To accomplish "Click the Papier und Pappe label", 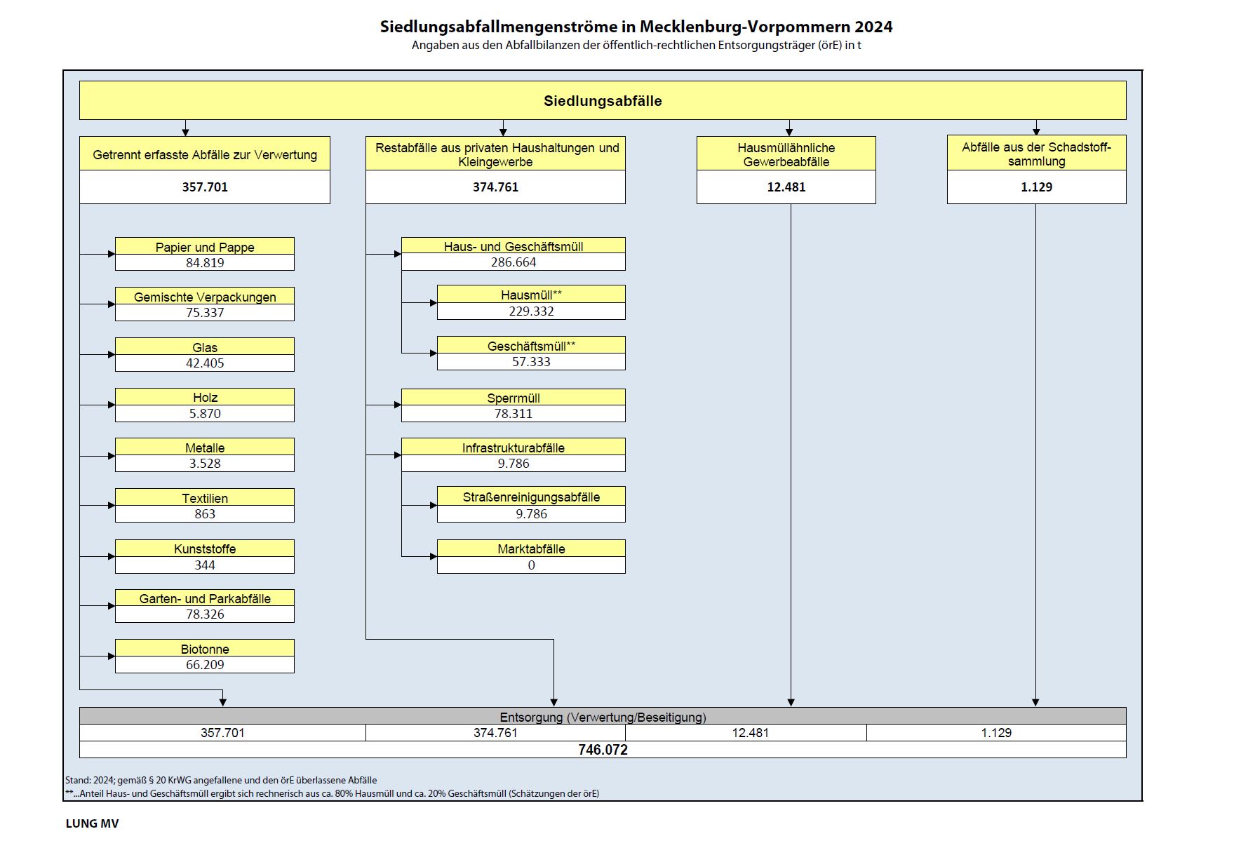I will click(x=205, y=247).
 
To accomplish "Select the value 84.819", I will click(x=205, y=262).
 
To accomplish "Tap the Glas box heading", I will click(x=205, y=347).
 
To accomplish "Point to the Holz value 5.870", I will click(x=205, y=413).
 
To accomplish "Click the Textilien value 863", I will click(x=205, y=513).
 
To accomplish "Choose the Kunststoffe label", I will click(x=205, y=548).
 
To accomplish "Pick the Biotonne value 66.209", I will click(x=205, y=664).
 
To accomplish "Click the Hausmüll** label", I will click(x=531, y=295).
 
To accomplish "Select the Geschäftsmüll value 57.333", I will click(x=531, y=361).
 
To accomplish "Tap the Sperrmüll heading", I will click(x=514, y=398).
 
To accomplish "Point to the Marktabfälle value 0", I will click(x=531, y=565).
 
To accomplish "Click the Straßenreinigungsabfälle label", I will click(x=531, y=497).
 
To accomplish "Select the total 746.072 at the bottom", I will click(x=603, y=749).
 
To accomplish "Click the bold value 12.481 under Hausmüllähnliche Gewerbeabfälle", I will click(x=786, y=187).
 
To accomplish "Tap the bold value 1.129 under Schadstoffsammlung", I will click(x=1036, y=187).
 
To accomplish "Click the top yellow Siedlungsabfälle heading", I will click(x=603, y=100).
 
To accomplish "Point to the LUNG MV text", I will click(x=92, y=823).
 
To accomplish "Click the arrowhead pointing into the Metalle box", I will click(x=111, y=456).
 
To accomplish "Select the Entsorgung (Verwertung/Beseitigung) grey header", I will click(x=603, y=717).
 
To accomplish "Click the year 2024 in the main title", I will click(x=873, y=27).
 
